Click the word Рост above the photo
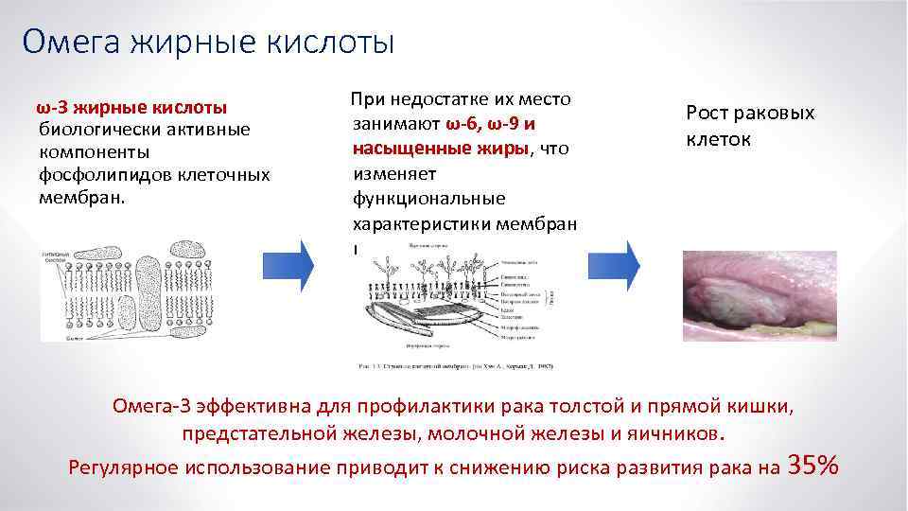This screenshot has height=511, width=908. tap(707, 114)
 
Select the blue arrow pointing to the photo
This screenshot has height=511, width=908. tap(622, 265)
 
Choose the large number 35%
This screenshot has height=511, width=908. tap(812, 465)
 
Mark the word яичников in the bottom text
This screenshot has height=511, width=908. tap(678, 434)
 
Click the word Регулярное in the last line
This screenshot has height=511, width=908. tap(124, 467)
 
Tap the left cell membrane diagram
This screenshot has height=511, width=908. tap(138, 289)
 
